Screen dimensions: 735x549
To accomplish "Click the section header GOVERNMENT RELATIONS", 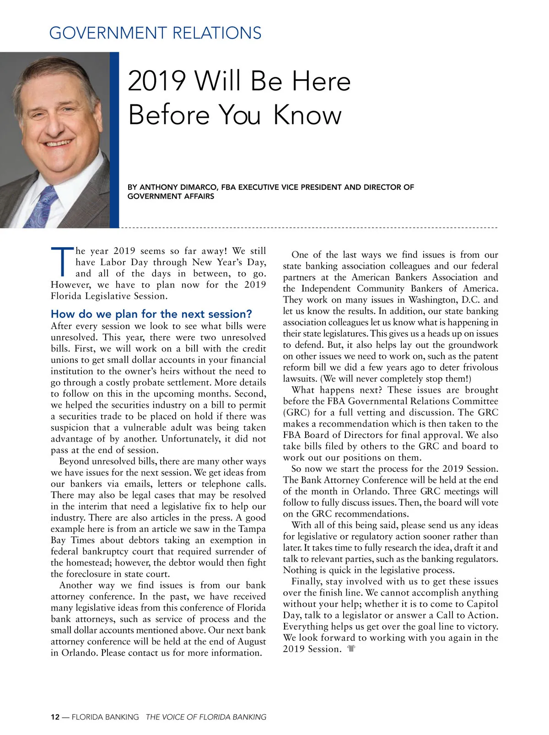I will coord(155,33).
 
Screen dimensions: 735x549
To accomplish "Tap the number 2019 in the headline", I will coord(156,81).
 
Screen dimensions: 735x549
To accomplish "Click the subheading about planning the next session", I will coord(151,314).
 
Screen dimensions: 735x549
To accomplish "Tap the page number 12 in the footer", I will coord(55,717).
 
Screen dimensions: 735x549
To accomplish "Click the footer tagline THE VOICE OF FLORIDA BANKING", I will coord(206,717).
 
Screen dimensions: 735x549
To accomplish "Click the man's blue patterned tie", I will coord(42,206).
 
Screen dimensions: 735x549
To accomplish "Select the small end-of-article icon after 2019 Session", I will coord(351,649).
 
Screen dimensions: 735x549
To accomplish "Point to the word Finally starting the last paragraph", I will coord(307,581).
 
